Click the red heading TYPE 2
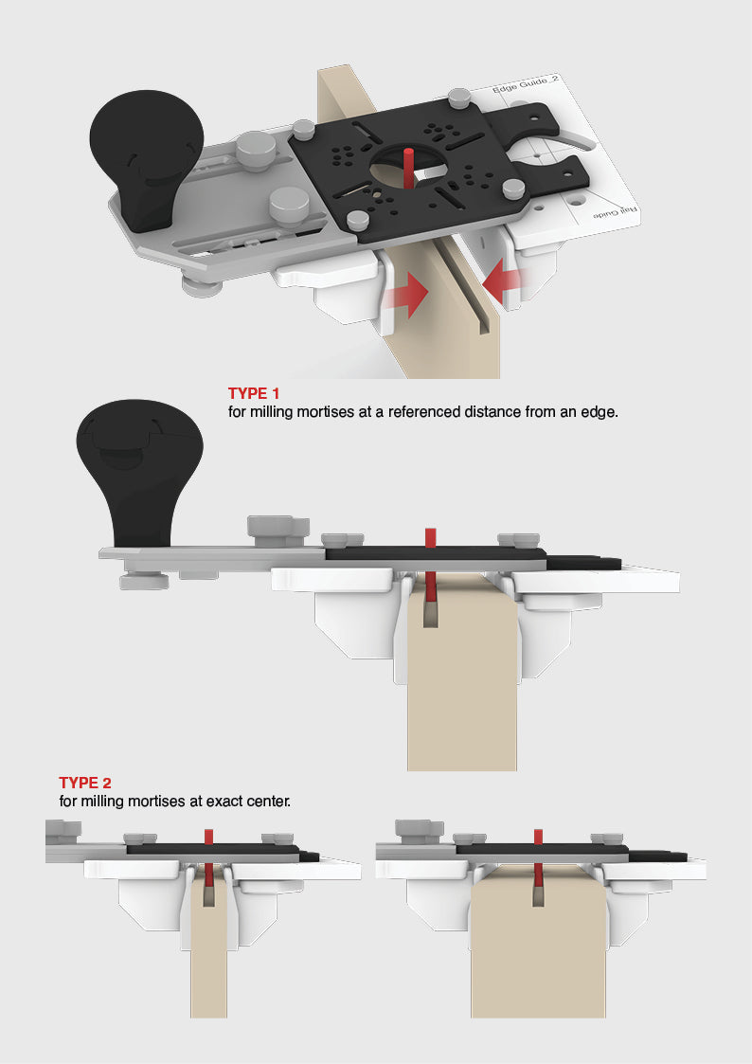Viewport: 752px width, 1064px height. (85, 783)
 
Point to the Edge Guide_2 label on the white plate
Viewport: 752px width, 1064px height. (526, 93)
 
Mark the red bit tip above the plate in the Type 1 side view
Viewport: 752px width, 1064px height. (429, 537)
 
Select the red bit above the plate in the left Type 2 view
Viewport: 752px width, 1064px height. (208, 836)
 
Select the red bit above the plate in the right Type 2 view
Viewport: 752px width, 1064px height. (538, 836)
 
